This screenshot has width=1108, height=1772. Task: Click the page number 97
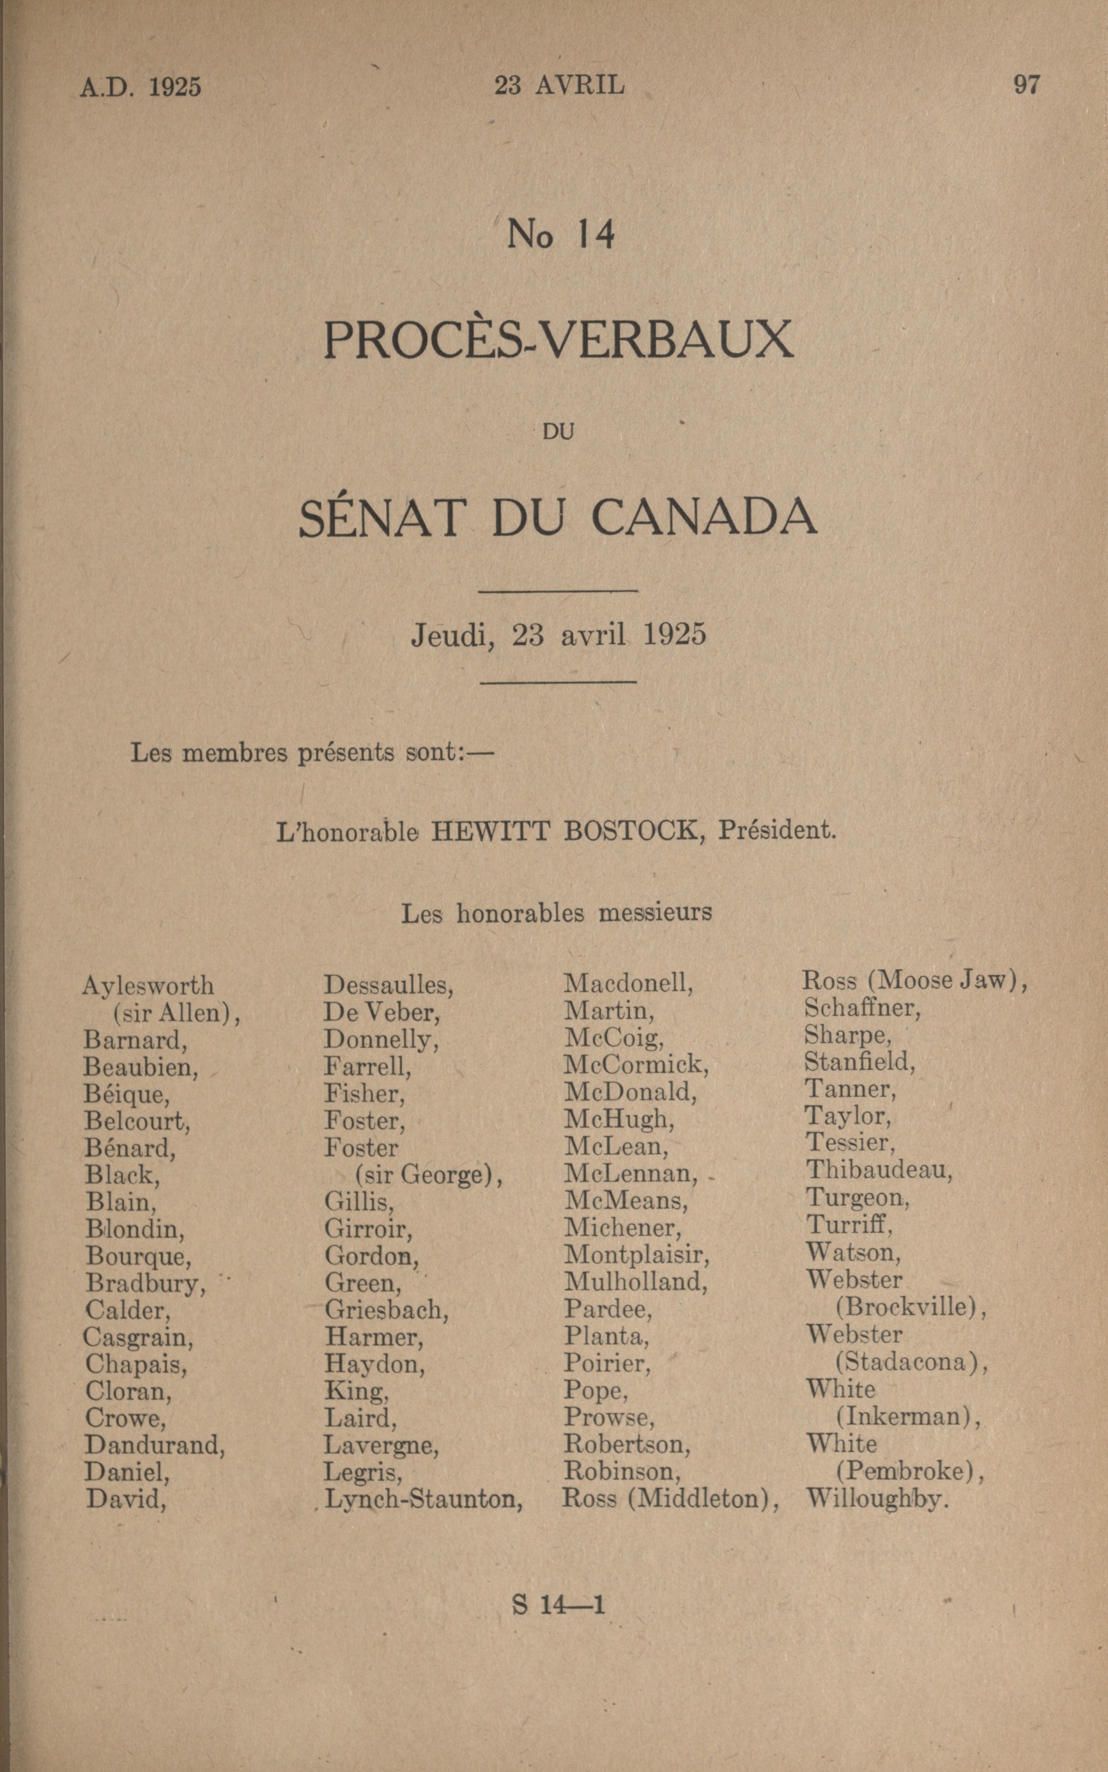click(x=1026, y=85)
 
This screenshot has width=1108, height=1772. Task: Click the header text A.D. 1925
click(x=140, y=87)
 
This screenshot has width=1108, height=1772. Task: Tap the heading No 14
click(x=560, y=235)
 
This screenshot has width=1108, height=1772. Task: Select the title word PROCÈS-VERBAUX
click(x=558, y=339)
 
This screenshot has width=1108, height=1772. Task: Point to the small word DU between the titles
click(x=558, y=432)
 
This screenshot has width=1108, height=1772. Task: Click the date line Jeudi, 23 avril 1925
click(x=558, y=635)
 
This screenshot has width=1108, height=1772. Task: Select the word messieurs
click(x=655, y=913)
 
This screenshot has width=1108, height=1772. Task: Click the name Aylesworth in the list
click(x=148, y=984)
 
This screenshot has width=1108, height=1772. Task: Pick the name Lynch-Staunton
click(x=424, y=1499)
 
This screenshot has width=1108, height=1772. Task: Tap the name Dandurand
click(x=155, y=1444)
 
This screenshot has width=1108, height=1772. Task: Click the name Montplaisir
click(x=636, y=1255)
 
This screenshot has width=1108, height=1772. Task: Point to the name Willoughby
click(x=877, y=1499)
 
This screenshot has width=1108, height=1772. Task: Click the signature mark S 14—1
click(x=558, y=1605)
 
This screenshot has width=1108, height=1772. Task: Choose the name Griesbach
click(x=386, y=1309)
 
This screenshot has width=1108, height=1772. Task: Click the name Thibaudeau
click(x=879, y=1170)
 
